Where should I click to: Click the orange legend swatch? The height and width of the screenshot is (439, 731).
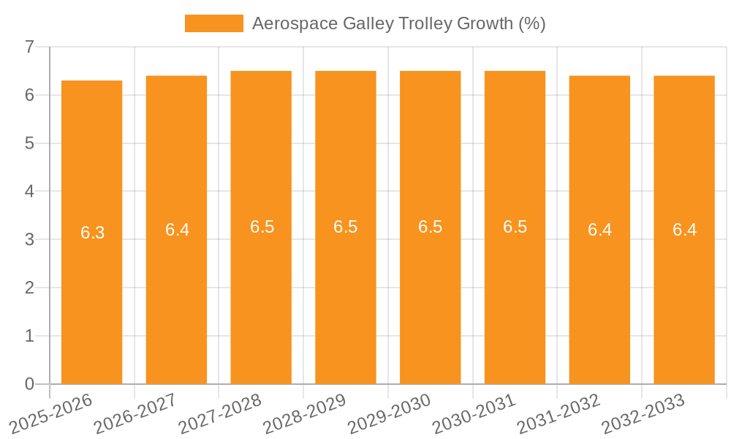(x=213, y=23)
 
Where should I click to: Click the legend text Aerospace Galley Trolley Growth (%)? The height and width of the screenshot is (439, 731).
(x=398, y=23)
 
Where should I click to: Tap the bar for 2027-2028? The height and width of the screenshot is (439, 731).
(x=261, y=293)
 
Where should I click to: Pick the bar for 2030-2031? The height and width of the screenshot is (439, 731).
(x=515, y=293)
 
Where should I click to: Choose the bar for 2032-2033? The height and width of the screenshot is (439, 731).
(x=684, y=293)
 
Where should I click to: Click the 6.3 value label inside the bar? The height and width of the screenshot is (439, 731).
(x=92, y=233)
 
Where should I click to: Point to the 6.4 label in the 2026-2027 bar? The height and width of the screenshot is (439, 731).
(x=177, y=230)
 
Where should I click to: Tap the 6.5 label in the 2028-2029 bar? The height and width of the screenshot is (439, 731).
(x=346, y=227)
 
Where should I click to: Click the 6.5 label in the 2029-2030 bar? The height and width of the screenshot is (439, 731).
(x=430, y=227)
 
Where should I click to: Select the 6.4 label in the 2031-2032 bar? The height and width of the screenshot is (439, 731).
(x=599, y=230)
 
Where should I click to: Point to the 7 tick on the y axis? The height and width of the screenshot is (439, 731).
(x=29, y=47)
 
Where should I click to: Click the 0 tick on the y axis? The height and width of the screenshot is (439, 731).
(x=29, y=384)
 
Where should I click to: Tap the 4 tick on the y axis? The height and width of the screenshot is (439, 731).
(x=29, y=192)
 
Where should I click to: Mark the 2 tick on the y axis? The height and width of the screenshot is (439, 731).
(x=29, y=288)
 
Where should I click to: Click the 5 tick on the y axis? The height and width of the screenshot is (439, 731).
(x=29, y=143)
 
